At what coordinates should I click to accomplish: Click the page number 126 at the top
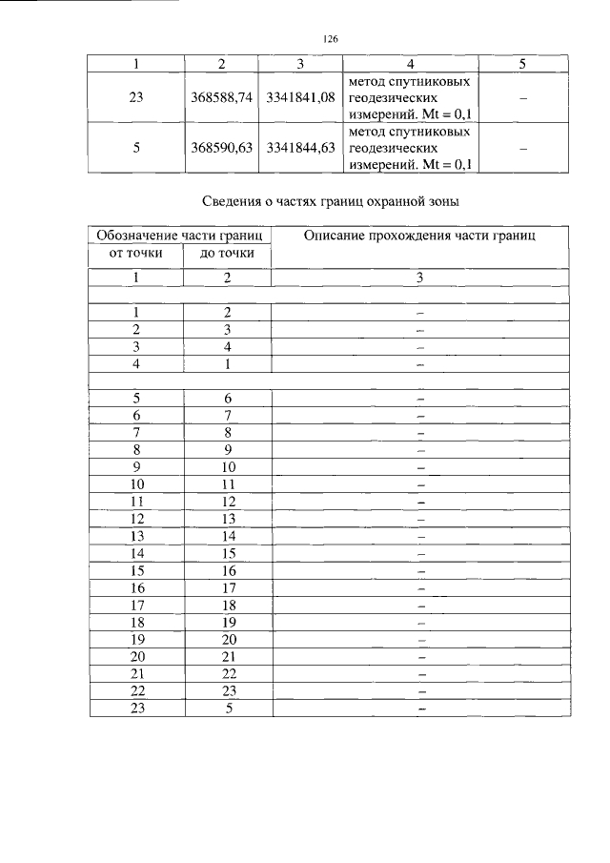pyautogui.click(x=331, y=39)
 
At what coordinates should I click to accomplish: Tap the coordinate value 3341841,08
pyautogui.click(x=300, y=98)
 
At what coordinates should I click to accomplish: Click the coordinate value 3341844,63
pyautogui.click(x=300, y=148)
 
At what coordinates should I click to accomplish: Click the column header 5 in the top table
pyautogui.click(x=522, y=64)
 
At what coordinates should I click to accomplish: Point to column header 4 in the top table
pyautogui.click(x=410, y=64)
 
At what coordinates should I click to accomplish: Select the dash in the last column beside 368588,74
pyautogui.click(x=522, y=99)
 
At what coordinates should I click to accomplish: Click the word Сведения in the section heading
pyautogui.click(x=234, y=201)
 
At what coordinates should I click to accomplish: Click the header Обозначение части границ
pyautogui.click(x=180, y=235)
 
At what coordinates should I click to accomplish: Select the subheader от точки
pyautogui.click(x=136, y=253)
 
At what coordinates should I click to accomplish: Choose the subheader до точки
pyautogui.click(x=227, y=253)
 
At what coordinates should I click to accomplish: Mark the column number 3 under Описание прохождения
pyautogui.click(x=419, y=277)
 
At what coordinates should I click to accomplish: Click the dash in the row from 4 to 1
pyautogui.click(x=419, y=364)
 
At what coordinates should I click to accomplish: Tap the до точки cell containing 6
pyautogui.click(x=228, y=399)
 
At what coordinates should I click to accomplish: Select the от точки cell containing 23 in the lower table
pyautogui.click(x=136, y=708)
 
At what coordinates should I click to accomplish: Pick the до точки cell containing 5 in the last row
pyautogui.click(x=228, y=708)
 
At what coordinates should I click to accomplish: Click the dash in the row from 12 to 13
pyautogui.click(x=419, y=519)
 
